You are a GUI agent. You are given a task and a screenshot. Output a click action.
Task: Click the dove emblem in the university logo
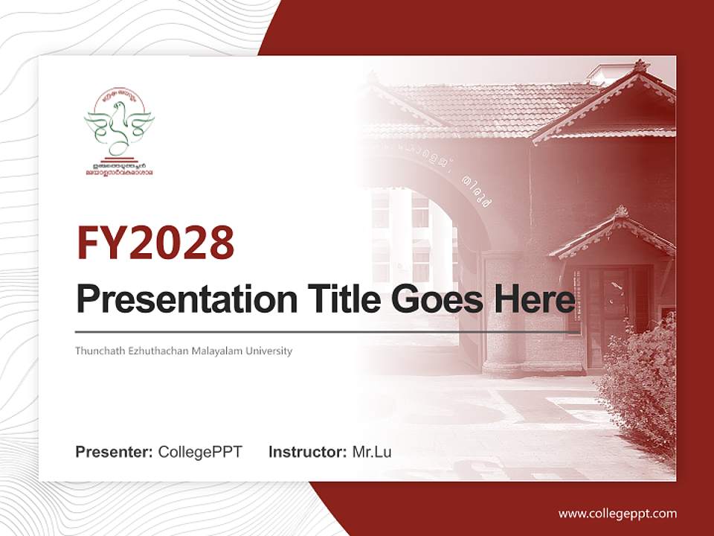pos(119,123)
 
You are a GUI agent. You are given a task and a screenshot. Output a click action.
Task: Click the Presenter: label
pos(115,452)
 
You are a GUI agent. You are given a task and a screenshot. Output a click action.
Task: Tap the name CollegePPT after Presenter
pos(200,452)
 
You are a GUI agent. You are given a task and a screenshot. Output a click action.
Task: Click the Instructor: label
pos(307,452)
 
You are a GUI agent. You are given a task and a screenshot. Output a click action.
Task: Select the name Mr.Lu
pos(371,452)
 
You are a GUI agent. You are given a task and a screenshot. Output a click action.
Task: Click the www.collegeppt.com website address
pos(617,513)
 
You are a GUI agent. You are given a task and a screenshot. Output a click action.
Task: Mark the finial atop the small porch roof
pos(621,211)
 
